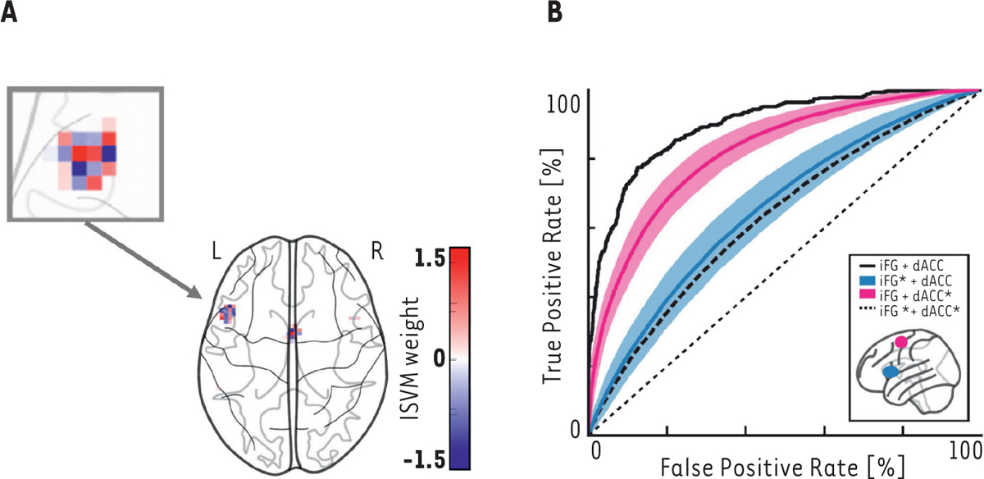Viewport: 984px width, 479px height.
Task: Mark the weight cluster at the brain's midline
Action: click(294, 333)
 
